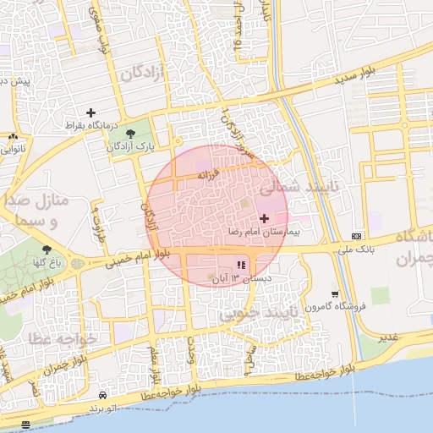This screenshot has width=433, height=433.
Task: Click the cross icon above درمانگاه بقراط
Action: (x=90, y=112)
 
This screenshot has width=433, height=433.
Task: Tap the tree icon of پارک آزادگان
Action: (x=129, y=134)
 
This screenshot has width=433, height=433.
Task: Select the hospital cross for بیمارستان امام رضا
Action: (x=265, y=218)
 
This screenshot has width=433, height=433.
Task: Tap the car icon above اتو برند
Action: (x=102, y=395)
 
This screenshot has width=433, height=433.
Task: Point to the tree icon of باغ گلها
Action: (x=45, y=249)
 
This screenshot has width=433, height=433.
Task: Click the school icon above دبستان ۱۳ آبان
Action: (x=241, y=265)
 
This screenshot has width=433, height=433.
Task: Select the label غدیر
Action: (x=388, y=337)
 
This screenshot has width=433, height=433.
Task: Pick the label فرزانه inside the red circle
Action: (x=208, y=175)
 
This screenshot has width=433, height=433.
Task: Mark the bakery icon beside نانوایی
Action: (x=13, y=136)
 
